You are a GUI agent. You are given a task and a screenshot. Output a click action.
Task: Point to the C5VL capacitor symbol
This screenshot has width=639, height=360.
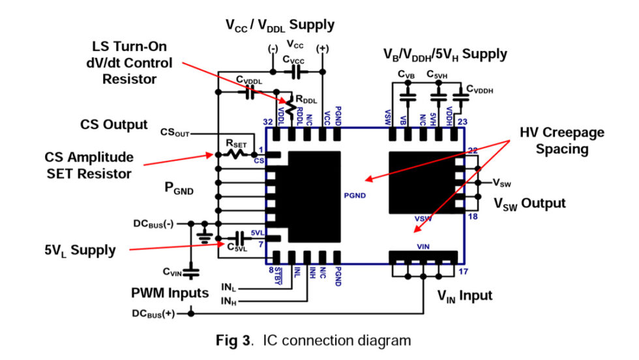[240, 237]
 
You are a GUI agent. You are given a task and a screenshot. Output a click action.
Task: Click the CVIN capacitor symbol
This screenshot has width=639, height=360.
[191, 269]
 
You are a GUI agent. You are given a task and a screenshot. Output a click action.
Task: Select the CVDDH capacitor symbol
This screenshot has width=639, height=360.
[460, 97]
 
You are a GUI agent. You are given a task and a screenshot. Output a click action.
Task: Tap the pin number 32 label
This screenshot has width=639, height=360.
[267, 122]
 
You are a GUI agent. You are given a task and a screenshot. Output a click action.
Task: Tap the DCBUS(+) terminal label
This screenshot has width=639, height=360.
[154, 313]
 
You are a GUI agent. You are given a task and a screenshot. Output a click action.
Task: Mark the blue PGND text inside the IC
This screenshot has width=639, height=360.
[355, 194]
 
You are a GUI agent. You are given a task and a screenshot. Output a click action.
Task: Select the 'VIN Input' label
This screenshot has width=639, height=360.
[464, 296]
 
